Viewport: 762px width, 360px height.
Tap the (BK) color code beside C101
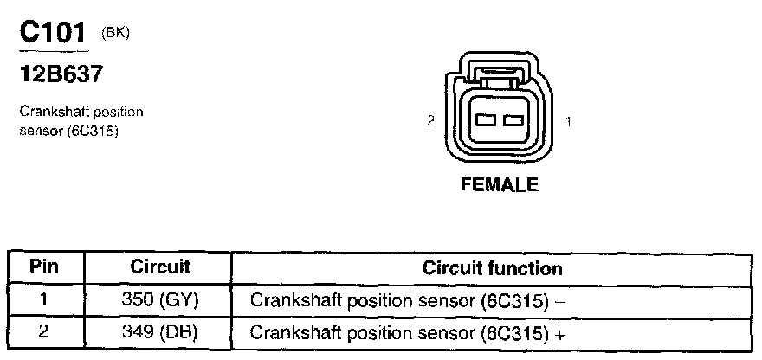coord(115,33)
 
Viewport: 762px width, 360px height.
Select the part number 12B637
coord(61,74)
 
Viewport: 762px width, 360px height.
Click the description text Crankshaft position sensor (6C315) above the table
coord(81,120)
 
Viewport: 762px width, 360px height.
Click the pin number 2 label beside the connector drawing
coord(430,122)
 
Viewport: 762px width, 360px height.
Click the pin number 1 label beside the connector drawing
coord(568,122)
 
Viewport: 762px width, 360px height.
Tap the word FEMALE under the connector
coord(500,184)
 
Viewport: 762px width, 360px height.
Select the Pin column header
coord(45,267)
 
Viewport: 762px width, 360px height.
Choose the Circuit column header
coord(160,267)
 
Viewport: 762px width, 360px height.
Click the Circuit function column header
coord(492,268)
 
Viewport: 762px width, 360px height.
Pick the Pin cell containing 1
coord(45,300)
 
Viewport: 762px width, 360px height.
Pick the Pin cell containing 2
coord(45,331)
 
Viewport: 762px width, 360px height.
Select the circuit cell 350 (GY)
coord(160,300)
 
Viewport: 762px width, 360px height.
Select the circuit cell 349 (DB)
coord(160,331)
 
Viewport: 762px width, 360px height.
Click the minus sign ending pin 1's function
coord(561,301)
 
